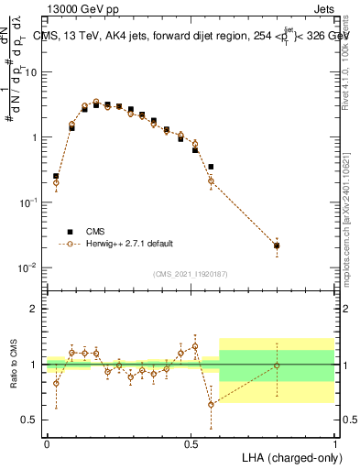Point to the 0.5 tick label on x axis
(191, 443)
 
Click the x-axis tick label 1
(334, 443)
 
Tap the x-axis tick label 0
(47, 443)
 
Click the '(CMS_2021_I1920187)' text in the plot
(191, 274)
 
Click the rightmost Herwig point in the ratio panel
(277, 365)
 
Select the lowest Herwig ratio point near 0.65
(211, 404)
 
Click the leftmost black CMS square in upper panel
(56, 176)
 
